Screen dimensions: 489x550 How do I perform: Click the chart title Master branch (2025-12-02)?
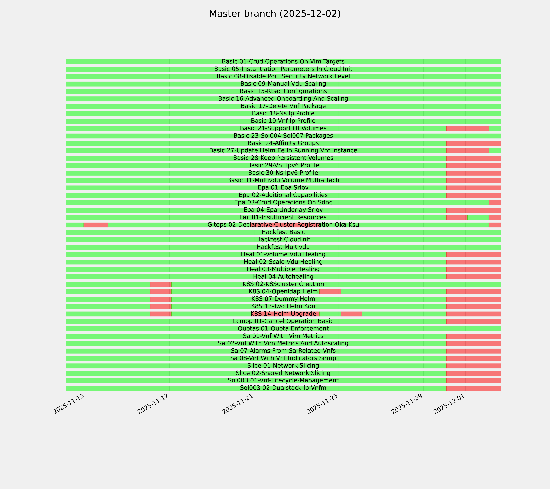[275, 14]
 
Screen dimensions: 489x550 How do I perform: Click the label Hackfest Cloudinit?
[283, 240]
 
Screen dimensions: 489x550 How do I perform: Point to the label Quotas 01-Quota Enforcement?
[283, 329]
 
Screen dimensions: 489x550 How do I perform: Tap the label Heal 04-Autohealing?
[283, 277]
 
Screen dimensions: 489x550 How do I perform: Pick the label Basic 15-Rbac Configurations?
[283, 91]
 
